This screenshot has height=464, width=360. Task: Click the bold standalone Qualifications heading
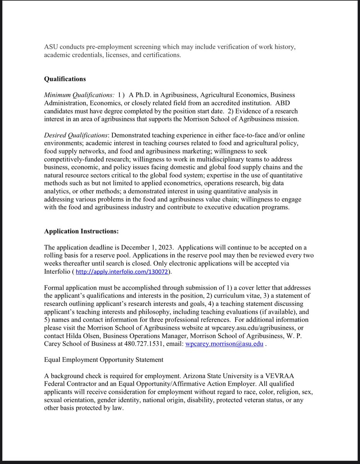click(x=65, y=79)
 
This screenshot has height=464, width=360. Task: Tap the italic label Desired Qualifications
click(x=76, y=135)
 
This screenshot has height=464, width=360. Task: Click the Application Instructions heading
click(x=82, y=231)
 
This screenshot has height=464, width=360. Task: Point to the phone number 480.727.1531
click(x=149, y=344)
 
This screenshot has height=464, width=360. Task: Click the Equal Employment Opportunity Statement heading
click(x=104, y=360)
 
